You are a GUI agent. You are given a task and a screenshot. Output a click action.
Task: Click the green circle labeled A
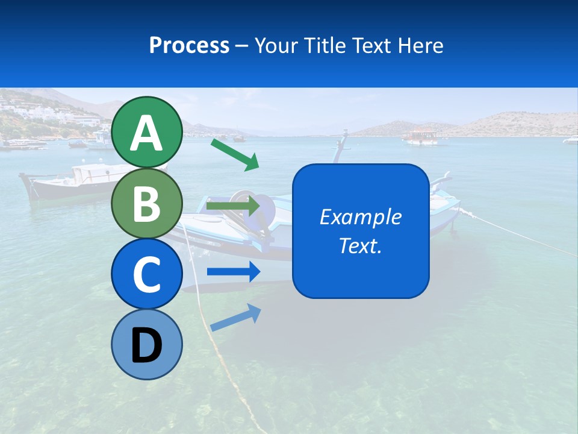[146, 132]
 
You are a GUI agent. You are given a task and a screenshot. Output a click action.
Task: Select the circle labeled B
[146, 203]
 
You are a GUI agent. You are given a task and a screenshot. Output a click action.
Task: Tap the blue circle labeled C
[146, 274]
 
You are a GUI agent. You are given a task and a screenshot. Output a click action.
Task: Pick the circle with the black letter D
[146, 344]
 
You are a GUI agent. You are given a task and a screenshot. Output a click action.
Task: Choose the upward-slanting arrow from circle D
[235, 317]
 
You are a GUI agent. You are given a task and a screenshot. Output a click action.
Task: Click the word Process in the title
[189, 45]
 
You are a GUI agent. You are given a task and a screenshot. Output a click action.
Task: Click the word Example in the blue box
[360, 217]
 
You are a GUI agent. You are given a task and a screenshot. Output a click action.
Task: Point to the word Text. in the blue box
[360, 245]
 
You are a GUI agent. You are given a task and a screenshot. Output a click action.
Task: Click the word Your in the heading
[276, 45]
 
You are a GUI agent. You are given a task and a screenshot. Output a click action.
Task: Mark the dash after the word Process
[242, 46]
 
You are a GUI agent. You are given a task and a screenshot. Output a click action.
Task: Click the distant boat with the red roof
[421, 137]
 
